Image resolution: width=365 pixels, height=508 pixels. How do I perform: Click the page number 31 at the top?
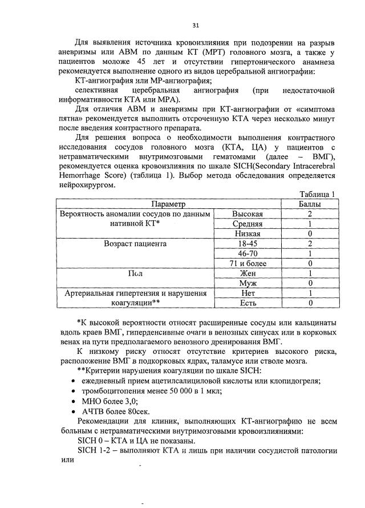196,26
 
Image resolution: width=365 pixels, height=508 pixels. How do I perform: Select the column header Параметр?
169,204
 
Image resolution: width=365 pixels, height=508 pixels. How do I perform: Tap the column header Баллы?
310,204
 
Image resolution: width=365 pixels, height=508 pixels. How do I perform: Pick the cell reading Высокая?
248,213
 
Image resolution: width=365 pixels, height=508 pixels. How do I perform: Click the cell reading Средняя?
248,224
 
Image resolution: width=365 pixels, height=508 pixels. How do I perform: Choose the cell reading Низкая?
248,233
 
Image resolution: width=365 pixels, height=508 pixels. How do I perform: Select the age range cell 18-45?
248,243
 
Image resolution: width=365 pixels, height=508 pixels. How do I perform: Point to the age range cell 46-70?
248,253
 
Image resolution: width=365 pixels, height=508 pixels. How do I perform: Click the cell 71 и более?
248,263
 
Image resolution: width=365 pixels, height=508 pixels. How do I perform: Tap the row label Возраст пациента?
135,244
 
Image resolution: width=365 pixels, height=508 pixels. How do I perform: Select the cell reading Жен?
248,273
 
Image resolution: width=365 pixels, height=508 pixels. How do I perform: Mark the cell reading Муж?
248,283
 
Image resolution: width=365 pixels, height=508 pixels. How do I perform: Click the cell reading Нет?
248,293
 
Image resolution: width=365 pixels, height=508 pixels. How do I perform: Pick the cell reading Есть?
248,303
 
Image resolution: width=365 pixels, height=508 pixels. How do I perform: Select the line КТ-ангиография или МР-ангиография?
143,80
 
